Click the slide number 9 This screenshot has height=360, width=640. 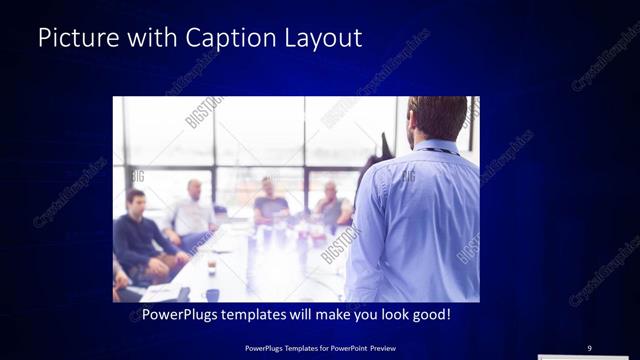(589, 347)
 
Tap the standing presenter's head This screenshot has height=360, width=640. (436, 118)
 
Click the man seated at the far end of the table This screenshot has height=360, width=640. (268, 200)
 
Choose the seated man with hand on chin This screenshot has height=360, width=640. (331, 205)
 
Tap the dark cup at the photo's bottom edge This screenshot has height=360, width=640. (212, 295)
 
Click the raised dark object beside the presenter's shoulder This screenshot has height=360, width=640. (385, 146)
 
